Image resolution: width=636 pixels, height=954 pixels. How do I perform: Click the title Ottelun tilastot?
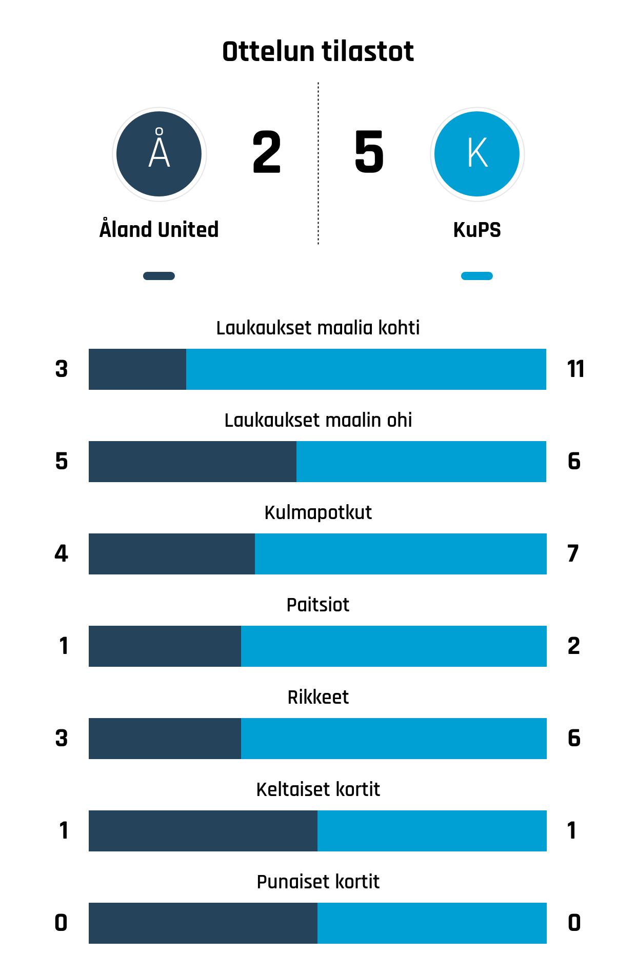coord(318,52)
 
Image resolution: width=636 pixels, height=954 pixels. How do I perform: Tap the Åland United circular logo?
coord(159,154)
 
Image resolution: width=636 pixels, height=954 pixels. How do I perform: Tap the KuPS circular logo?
coord(477,154)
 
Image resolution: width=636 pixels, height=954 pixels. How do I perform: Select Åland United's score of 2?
coord(267,152)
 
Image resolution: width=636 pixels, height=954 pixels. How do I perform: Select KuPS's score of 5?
coord(369,152)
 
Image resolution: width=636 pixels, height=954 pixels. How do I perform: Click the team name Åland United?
coord(159,229)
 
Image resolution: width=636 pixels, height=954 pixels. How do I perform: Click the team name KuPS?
coord(477,230)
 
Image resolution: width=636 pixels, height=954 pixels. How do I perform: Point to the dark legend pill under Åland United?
coord(159,276)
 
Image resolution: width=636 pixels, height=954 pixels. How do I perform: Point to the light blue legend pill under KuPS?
coord(477,276)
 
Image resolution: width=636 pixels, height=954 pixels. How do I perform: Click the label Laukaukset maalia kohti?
coord(318,328)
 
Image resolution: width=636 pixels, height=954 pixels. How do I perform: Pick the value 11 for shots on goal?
coord(575,369)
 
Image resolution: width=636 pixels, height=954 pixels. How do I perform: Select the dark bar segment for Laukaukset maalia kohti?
coord(137,369)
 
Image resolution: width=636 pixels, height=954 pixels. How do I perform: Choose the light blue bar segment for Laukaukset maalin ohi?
coord(421,462)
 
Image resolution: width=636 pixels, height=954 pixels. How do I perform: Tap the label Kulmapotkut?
coord(318,512)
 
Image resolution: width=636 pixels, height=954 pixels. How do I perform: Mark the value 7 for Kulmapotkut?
coord(573,553)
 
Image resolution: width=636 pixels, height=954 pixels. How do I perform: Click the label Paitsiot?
coord(318,605)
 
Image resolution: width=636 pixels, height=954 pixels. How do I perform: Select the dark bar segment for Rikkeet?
coord(165,739)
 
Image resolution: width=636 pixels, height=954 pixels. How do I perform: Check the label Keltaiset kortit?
coord(318,789)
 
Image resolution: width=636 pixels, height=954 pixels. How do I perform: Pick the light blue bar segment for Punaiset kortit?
coord(432,923)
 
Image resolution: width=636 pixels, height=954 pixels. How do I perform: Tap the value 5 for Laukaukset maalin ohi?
coord(62,461)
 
